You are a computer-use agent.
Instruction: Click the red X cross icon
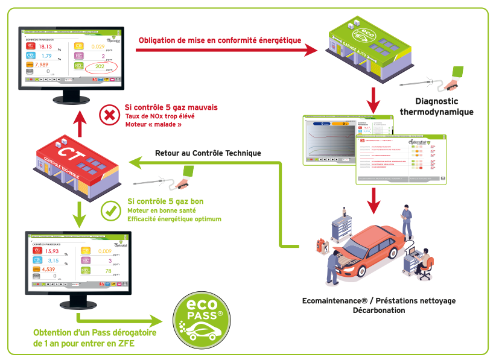109,115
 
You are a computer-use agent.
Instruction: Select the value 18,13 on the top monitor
46,46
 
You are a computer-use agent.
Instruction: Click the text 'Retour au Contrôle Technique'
208,153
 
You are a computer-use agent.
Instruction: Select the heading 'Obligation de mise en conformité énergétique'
220,40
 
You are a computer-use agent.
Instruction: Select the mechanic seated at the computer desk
423,261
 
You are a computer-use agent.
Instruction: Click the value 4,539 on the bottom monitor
46,270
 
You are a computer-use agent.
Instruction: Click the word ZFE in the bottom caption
124,344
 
